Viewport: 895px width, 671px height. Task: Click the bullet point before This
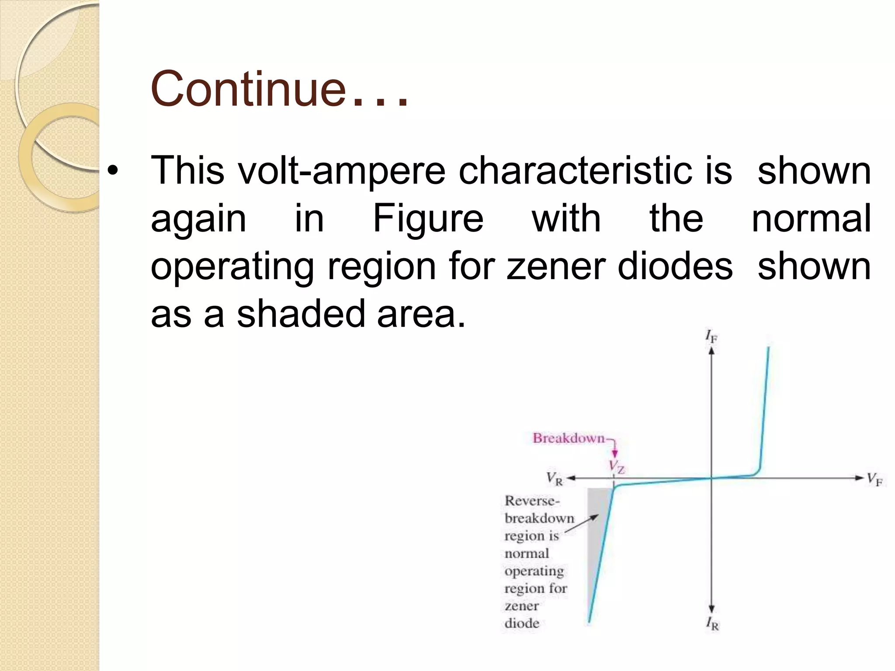pos(113,172)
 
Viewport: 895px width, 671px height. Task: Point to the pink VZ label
pos(617,467)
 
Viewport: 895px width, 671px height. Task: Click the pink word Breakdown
pos(568,438)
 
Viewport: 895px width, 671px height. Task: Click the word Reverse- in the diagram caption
pos(532,501)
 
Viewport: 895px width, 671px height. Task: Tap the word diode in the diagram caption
pos(522,623)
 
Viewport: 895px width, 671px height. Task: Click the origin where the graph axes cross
pos(711,478)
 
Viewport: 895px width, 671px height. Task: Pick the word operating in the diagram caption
pos(534,571)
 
